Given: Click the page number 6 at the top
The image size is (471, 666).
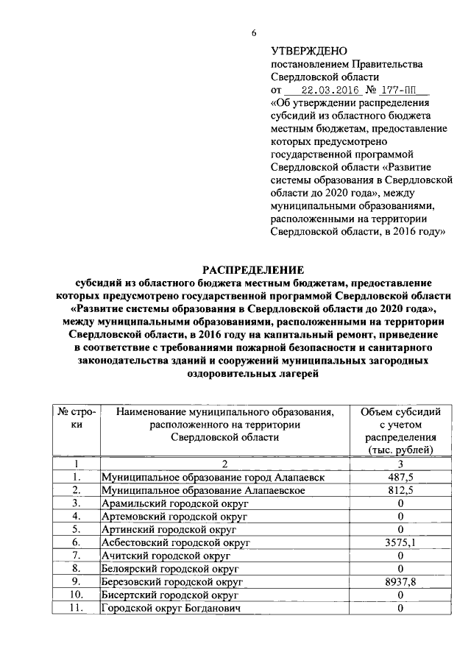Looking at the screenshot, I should [x=254, y=33].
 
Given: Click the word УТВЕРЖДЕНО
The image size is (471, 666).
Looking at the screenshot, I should [x=308, y=52].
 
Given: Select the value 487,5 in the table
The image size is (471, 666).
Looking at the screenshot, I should [x=400, y=477].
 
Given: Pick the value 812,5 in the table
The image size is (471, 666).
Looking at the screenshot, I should [x=400, y=489].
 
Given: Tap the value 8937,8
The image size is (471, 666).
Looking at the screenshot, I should [x=400, y=581].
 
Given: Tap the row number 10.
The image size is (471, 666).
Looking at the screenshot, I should [x=76, y=595].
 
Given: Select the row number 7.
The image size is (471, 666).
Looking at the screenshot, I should [x=76, y=555].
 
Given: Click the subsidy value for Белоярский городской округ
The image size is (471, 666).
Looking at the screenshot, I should [x=400, y=568].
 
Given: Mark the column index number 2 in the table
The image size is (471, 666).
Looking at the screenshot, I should [x=224, y=464].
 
